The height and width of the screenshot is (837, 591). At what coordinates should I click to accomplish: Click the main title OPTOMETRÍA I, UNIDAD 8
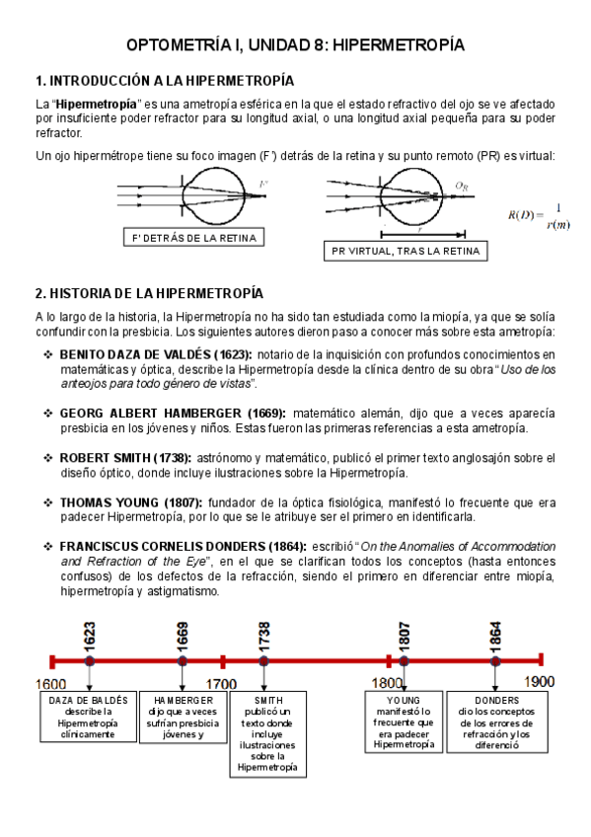click(296, 45)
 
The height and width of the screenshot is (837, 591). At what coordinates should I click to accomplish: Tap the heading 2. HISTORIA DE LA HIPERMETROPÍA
click(149, 293)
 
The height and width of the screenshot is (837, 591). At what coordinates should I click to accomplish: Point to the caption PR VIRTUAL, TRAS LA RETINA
click(406, 252)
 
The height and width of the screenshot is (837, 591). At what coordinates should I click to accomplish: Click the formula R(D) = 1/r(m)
click(538, 215)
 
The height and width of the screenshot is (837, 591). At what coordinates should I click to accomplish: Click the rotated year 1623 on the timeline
click(90, 635)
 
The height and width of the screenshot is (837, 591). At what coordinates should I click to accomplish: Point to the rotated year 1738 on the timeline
click(263, 635)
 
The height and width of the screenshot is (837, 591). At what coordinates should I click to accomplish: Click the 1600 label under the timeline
click(51, 683)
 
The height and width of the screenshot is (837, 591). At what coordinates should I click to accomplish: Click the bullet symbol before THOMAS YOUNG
click(48, 501)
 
